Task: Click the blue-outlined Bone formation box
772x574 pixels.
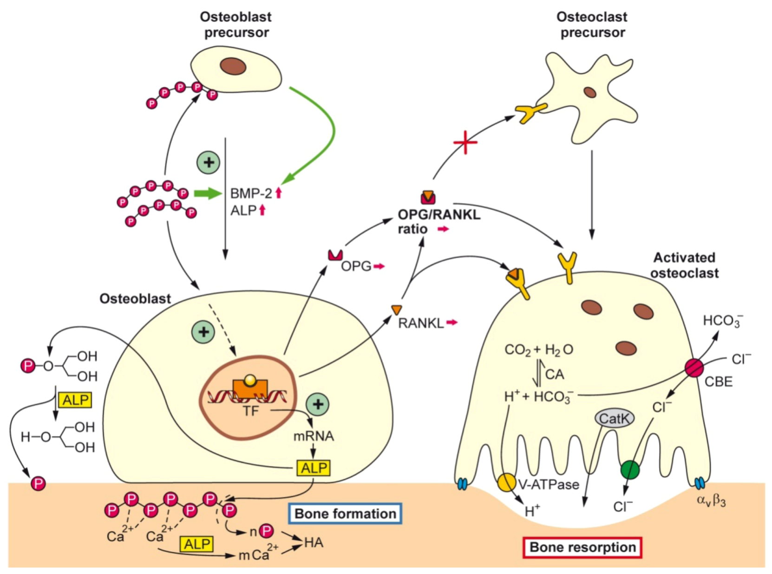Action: (345, 514)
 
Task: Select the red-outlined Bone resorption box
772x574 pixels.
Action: (582, 548)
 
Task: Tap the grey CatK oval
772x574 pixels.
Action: (614, 419)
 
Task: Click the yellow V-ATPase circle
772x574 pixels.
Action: (506, 483)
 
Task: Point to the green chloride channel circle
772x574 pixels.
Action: (630, 470)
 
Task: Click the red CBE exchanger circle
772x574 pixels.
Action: (694, 368)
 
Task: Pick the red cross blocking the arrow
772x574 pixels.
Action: (465, 142)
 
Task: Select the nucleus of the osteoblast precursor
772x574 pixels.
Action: (233, 66)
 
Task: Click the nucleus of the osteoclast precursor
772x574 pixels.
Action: (590, 92)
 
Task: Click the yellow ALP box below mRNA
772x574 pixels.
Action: (314, 468)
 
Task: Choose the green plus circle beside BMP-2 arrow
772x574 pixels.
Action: (208, 162)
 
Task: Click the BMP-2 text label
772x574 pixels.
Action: (251, 193)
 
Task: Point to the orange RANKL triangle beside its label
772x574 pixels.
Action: (396, 310)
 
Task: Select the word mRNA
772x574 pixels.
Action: (314, 436)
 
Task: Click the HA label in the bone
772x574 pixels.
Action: (314, 542)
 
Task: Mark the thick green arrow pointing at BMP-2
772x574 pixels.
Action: (207, 193)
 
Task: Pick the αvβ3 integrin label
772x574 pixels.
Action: (711, 500)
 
